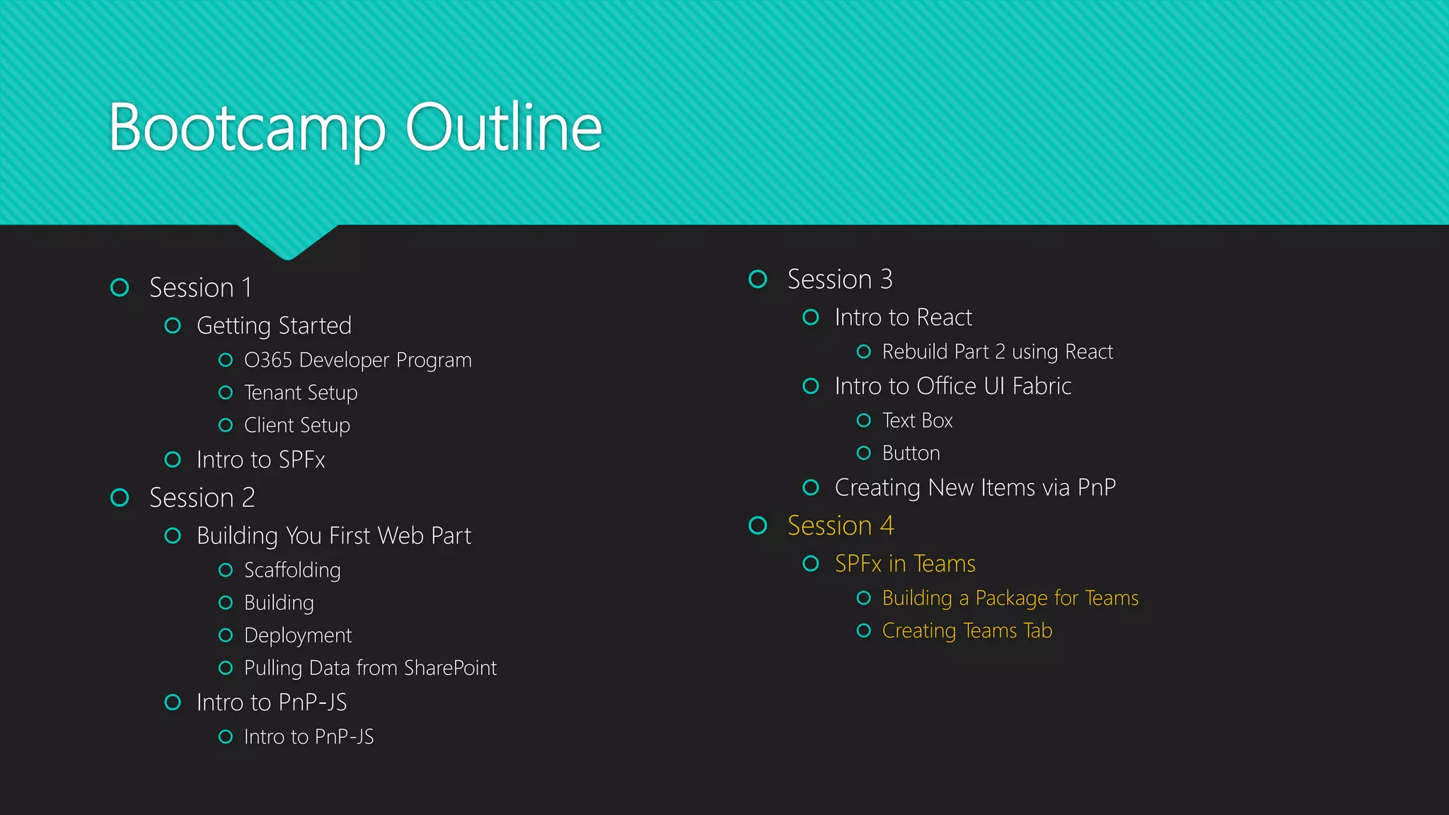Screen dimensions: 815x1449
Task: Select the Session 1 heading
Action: [200, 288]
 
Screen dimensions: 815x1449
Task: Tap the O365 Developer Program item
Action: [357, 360]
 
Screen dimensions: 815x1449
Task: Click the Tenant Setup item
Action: [301, 393]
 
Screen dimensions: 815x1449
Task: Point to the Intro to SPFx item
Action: [260, 460]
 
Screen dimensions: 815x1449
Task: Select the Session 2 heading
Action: [202, 498]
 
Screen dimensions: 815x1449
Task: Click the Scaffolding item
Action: [292, 570]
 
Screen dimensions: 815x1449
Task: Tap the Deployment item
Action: [297, 635]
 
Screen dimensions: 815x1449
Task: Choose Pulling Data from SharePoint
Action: [370, 668]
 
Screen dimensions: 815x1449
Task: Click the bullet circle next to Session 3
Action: [758, 279]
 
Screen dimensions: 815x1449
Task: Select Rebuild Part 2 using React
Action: [997, 352]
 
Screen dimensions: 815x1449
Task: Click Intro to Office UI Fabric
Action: [952, 386]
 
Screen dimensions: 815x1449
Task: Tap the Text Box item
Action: [917, 421]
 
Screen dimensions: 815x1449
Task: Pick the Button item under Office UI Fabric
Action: [911, 453]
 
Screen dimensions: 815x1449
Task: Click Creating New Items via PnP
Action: [975, 487]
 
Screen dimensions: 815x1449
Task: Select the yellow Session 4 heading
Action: [841, 526]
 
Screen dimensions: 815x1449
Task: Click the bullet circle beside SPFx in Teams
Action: [811, 564]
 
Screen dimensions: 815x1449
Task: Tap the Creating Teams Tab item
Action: [966, 630]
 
